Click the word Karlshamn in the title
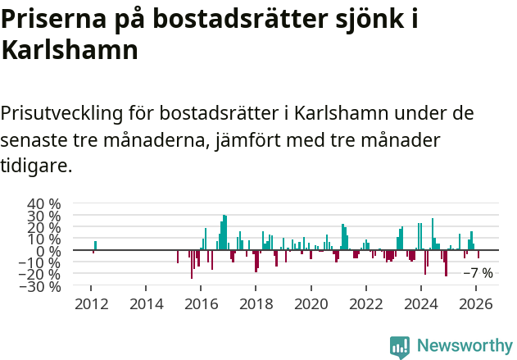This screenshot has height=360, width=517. click(x=70, y=51)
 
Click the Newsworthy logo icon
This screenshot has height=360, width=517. click(x=400, y=346)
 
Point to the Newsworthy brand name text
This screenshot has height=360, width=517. click(x=464, y=346)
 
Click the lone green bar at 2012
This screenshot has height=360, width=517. click(x=95, y=245)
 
